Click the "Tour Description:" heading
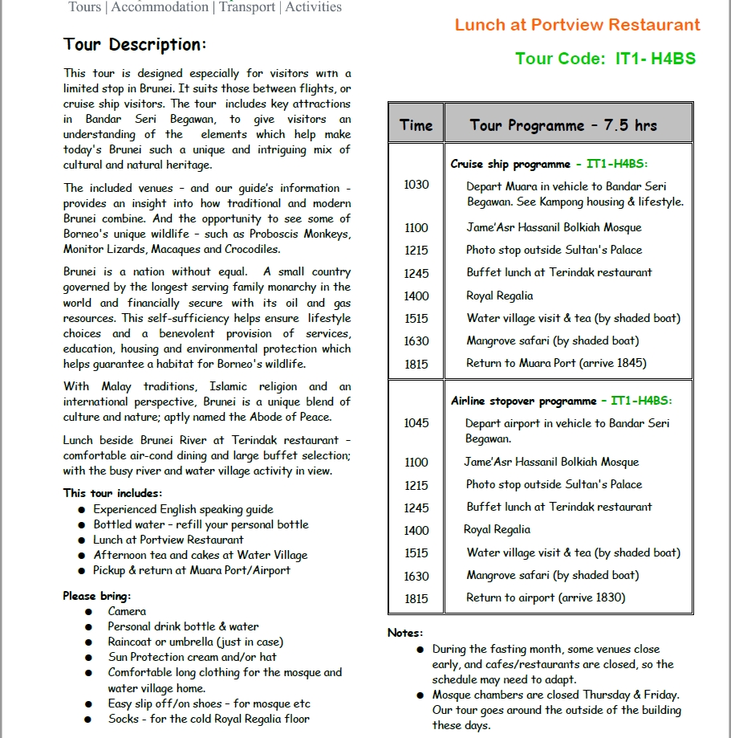tap(135, 44)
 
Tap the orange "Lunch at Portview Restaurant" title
tap(577, 25)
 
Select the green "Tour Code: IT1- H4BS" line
tap(605, 59)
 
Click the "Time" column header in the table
tap(416, 125)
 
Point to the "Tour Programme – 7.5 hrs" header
tap(563, 125)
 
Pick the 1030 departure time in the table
tap(416, 185)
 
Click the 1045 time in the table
tap(416, 423)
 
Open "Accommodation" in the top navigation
tap(160, 7)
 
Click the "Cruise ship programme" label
tap(510, 165)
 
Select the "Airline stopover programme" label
tap(523, 401)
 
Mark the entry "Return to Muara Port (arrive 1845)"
tap(556, 363)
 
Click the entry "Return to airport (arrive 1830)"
tap(546, 597)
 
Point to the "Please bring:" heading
tap(97, 596)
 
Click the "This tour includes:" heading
tap(112, 493)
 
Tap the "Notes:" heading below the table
tap(405, 633)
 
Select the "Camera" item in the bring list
tap(127, 611)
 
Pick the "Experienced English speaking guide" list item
tap(183, 509)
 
